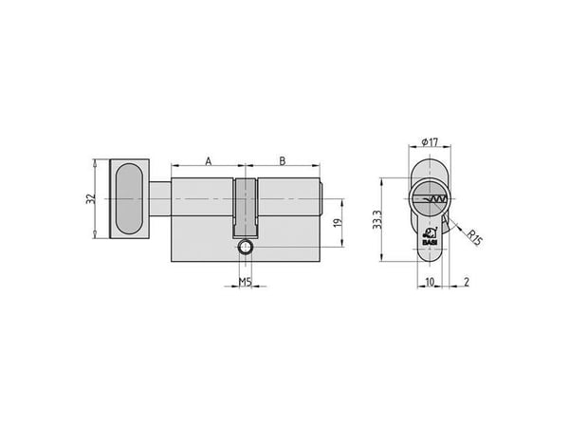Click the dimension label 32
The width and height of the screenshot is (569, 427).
point(90,199)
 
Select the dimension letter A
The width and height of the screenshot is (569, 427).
point(209,161)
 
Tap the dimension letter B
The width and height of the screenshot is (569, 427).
point(283,161)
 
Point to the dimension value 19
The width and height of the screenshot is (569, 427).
point(338,223)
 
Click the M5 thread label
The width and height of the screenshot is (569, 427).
point(246,282)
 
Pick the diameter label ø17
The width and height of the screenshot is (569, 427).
point(430,142)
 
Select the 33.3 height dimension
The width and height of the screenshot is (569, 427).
point(377,219)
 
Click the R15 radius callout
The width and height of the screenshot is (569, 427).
point(474,238)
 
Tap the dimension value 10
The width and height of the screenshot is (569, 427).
point(430,282)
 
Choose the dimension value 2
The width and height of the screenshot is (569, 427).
point(467,282)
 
